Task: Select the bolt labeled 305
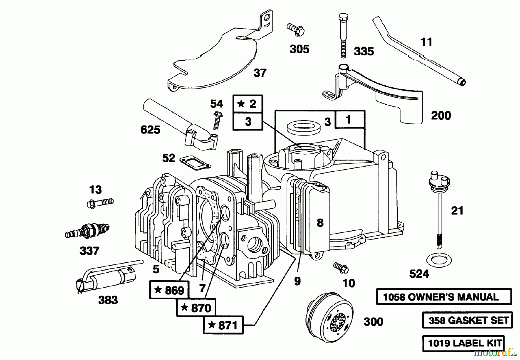[296, 29]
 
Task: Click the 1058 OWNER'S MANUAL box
[444, 296]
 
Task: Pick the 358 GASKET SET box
[467, 320]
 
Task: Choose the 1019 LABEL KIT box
[463, 343]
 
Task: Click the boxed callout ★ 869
[169, 290]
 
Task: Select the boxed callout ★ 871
[223, 325]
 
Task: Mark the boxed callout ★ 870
[196, 307]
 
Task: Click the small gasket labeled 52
[195, 163]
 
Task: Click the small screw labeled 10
[341, 268]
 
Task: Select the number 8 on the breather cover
[320, 223]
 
